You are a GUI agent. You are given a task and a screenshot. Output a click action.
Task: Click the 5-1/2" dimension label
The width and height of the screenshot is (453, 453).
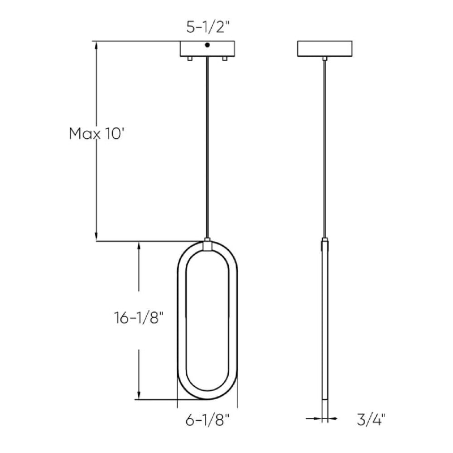tap(207, 28)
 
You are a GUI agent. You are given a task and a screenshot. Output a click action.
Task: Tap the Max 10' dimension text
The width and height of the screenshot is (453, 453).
tap(96, 134)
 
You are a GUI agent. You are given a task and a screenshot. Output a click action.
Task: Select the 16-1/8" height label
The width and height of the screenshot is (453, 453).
tap(139, 318)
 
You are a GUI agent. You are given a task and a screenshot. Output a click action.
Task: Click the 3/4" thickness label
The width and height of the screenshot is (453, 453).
tap(371, 420)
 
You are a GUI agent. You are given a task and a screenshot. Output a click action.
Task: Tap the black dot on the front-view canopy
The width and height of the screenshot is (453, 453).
tap(207, 45)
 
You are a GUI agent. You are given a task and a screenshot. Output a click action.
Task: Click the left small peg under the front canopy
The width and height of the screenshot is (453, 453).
tap(190, 59)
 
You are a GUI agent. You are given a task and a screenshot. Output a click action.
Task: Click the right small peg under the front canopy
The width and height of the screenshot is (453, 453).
tap(224, 59)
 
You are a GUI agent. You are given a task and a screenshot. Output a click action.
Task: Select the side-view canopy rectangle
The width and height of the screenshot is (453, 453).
tap(324, 49)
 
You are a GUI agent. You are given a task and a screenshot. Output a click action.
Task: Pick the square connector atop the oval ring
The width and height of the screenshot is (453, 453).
tap(207, 246)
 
